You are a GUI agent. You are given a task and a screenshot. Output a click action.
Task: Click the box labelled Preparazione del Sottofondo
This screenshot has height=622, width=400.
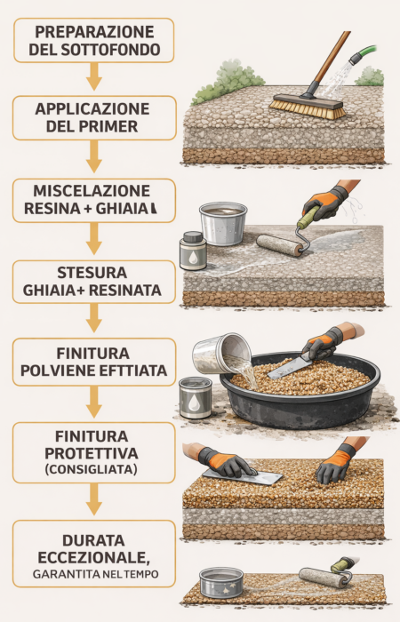click(x=94, y=39)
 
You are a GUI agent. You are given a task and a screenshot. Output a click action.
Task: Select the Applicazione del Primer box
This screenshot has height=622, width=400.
click(x=94, y=119)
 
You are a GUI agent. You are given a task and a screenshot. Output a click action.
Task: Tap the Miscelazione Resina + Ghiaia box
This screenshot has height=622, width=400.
click(x=94, y=201)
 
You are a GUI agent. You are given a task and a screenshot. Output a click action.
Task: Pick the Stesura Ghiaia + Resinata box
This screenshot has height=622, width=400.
click(x=94, y=283)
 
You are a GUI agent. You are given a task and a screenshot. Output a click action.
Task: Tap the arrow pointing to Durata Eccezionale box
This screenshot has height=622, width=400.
click(x=94, y=506)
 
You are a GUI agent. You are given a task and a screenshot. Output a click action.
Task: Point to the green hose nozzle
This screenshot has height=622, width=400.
click(x=357, y=60)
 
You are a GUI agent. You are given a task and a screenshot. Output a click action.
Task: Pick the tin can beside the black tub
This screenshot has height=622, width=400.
click(x=196, y=397)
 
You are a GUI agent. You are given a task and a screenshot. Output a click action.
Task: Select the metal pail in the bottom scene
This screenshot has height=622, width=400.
click(x=221, y=585)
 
